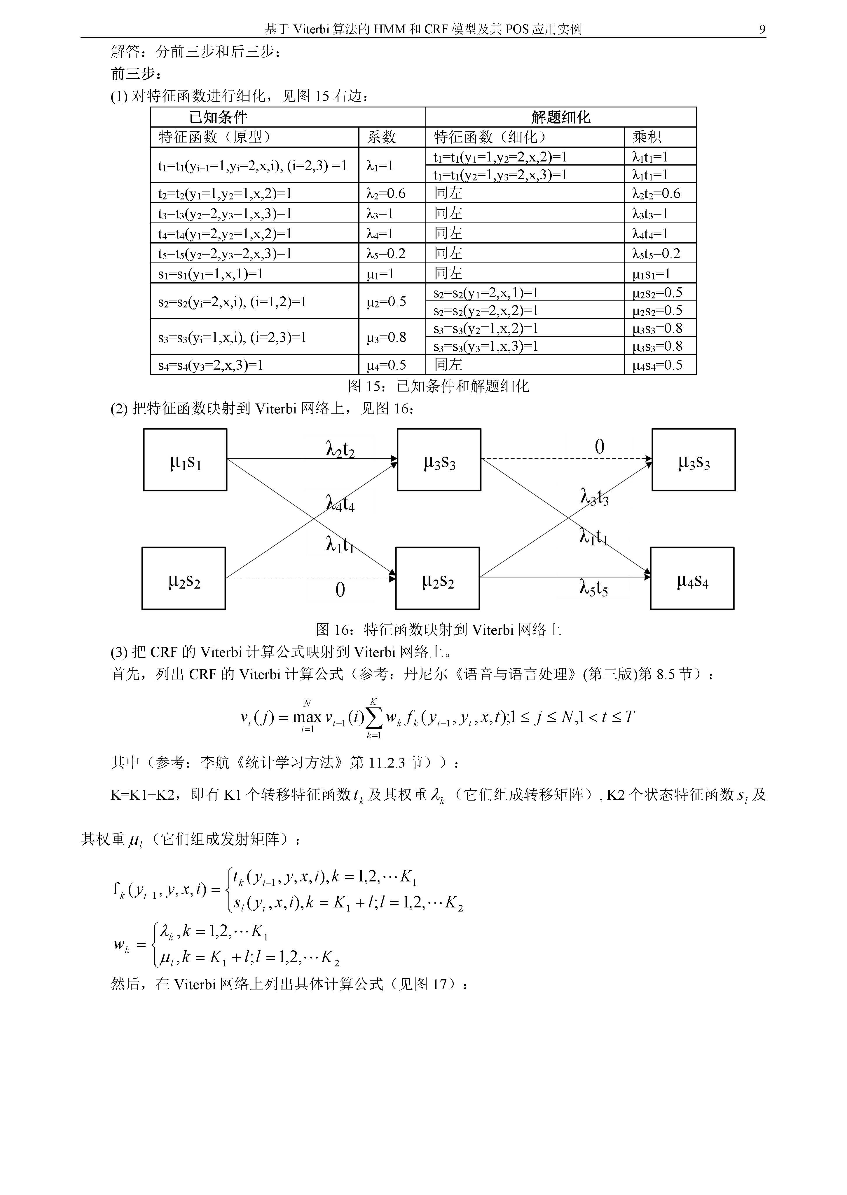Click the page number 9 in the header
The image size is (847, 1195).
point(762,29)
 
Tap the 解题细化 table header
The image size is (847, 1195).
point(561,117)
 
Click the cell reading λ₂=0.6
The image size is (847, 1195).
point(386,194)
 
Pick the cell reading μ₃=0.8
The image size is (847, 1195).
point(386,337)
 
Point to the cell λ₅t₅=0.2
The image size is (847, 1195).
point(656,254)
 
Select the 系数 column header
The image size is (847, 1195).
point(381,137)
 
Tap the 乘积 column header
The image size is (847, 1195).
point(647,137)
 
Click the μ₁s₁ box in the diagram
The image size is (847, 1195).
point(185,460)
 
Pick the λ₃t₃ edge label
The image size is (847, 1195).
point(595,497)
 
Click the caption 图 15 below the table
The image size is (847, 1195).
point(438,386)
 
